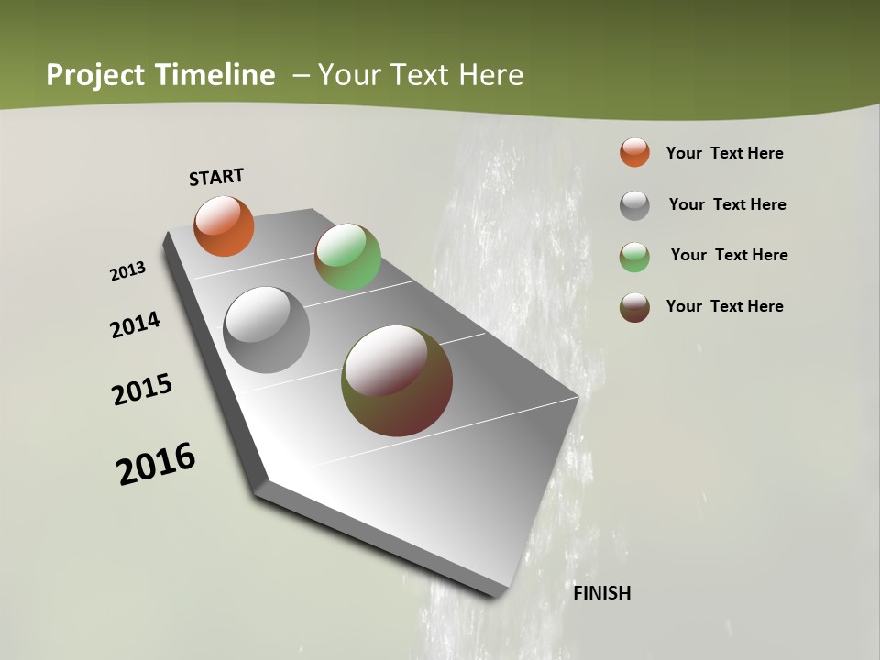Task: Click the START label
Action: click(216, 177)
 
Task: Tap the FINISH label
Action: click(601, 593)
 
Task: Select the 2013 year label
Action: click(127, 271)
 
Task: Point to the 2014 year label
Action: click(135, 325)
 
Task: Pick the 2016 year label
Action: click(156, 464)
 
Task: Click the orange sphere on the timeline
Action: click(224, 225)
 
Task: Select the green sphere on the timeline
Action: click(347, 257)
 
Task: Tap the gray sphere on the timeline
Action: click(266, 330)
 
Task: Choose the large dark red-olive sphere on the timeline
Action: click(397, 380)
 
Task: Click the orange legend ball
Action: click(634, 152)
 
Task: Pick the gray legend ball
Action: click(634, 205)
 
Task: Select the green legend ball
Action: click(634, 257)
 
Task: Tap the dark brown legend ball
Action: click(634, 307)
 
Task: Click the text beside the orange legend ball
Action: click(724, 153)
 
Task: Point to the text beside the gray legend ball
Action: click(727, 204)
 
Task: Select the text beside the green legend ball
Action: click(729, 255)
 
